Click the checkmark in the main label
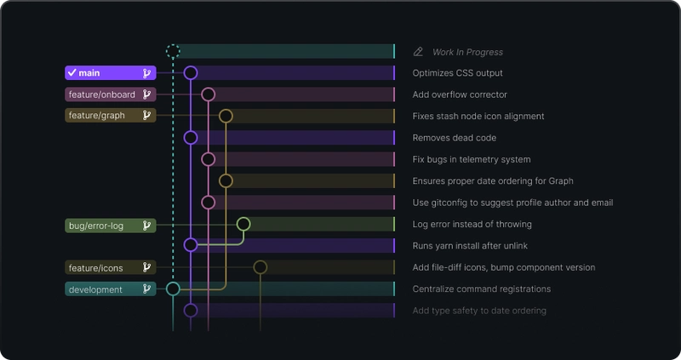pyautogui.click(x=72, y=73)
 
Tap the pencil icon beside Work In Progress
pyautogui.click(x=418, y=52)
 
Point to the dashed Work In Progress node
pyautogui.click(x=173, y=51)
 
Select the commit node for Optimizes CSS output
pyautogui.click(x=191, y=73)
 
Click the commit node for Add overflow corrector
pyautogui.click(x=209, y=94)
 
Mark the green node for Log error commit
pyautogui.click(x=243, y=224)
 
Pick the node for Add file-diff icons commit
pyautogui.click(x=260, y=267)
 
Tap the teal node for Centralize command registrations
pyautogui.click(x=173, y=289)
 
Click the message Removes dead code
pyautogui.click(x=454, y=138)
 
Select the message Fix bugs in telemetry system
pyautogui.click(x=472, y=159)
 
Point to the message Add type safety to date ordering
pyautogui.click(x=479, y=311)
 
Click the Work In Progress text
pyautogui.click(x=467, y=52)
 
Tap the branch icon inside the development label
pyautogui.click(x=146, y=289)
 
